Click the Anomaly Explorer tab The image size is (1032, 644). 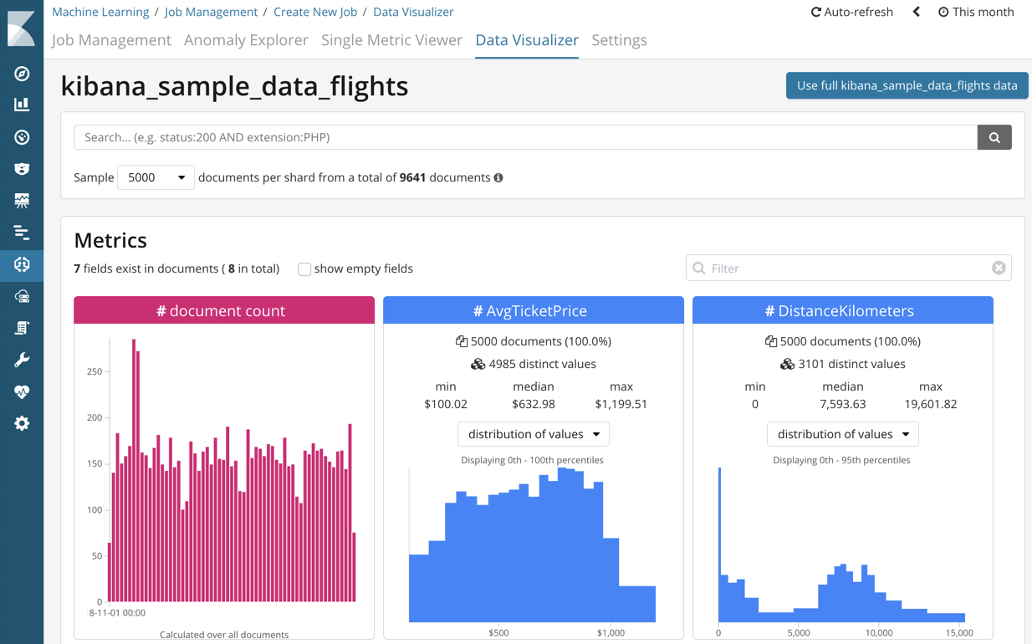click(246, 40)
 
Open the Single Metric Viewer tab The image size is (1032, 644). click(391, 40)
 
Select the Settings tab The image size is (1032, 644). click(619, 40)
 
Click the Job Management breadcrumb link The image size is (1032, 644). click(211, 12)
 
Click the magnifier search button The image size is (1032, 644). click(994, 137)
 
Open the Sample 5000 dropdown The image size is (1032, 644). click(156, 177)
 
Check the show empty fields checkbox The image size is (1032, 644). click(304, 269)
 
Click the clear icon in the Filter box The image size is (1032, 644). click(999, 268)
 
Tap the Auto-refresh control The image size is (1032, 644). click(852, 12)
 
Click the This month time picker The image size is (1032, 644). click(976, 12)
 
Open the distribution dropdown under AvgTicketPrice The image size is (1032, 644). click(534, 434)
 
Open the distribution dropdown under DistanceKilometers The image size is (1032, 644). click(842, 434)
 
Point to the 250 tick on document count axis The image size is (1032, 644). click(95, 371)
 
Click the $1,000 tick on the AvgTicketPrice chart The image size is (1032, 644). click(611, 632)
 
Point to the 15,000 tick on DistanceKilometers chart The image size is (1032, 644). click(959, 632)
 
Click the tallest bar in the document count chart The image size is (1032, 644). click(134, 468)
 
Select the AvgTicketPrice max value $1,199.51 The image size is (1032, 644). click(621, 404)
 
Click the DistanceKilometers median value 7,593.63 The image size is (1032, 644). click(842, 404)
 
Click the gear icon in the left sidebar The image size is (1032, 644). click(22, 423)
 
